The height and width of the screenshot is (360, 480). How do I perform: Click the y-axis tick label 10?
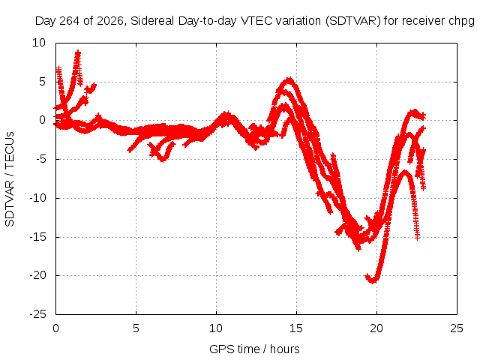(x=39, y=43)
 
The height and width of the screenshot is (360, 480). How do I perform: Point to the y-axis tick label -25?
(x=38, y=314)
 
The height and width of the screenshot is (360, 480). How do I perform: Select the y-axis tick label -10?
(x=38, y=198)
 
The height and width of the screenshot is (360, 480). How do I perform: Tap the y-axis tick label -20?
(x=38, y=275)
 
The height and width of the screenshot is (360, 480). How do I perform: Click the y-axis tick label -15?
(x=38, y=237)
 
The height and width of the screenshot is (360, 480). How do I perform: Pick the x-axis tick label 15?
(x=296, y=328)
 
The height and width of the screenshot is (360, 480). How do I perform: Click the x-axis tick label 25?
(x=457, y=328)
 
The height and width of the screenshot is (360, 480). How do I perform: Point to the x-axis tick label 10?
(x=216, y=328)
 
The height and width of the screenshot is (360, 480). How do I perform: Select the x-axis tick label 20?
(x=376, y=328)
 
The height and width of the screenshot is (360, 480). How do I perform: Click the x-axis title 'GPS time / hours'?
(x=254, y=349)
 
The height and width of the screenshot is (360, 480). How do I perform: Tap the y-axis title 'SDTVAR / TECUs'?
(x=10, y=179)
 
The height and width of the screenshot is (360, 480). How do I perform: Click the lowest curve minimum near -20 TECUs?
(x=373, y=280)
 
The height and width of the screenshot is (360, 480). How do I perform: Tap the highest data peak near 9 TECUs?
(x=78, y=53)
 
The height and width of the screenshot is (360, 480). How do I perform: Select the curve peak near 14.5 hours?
(x=289, y=79)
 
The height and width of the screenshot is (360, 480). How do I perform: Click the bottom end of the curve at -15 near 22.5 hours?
(x=417, y=238)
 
